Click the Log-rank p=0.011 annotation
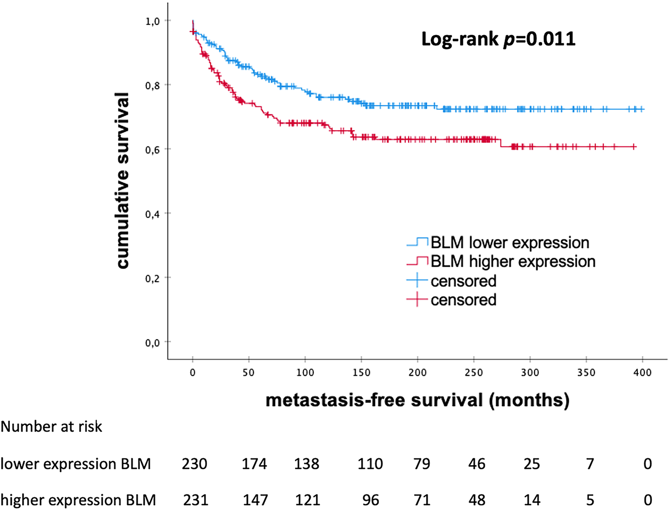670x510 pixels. (498, 39)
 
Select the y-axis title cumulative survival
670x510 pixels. (123, 181)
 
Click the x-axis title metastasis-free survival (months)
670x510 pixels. (418, 400)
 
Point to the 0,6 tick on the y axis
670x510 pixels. (152, 149)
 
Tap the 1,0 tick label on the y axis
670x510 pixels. (152, 21)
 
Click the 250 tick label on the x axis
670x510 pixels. (474, 372)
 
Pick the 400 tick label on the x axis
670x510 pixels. (642, 372)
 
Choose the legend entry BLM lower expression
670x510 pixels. (509, 243)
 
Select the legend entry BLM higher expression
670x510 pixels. (512, 262)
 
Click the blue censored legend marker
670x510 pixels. (417, 281)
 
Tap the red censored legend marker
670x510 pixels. (417, 300)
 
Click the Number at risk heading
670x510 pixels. (51, 426)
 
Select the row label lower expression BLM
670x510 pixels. (76, 464)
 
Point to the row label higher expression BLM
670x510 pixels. (78, 500)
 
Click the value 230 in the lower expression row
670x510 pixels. (195, 464)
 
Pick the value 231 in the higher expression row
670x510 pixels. (196, 500)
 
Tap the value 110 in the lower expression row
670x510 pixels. (370, 464)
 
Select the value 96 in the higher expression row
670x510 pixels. (370, 500)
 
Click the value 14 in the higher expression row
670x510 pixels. (532, 500)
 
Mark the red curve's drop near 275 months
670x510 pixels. (501, 143)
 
